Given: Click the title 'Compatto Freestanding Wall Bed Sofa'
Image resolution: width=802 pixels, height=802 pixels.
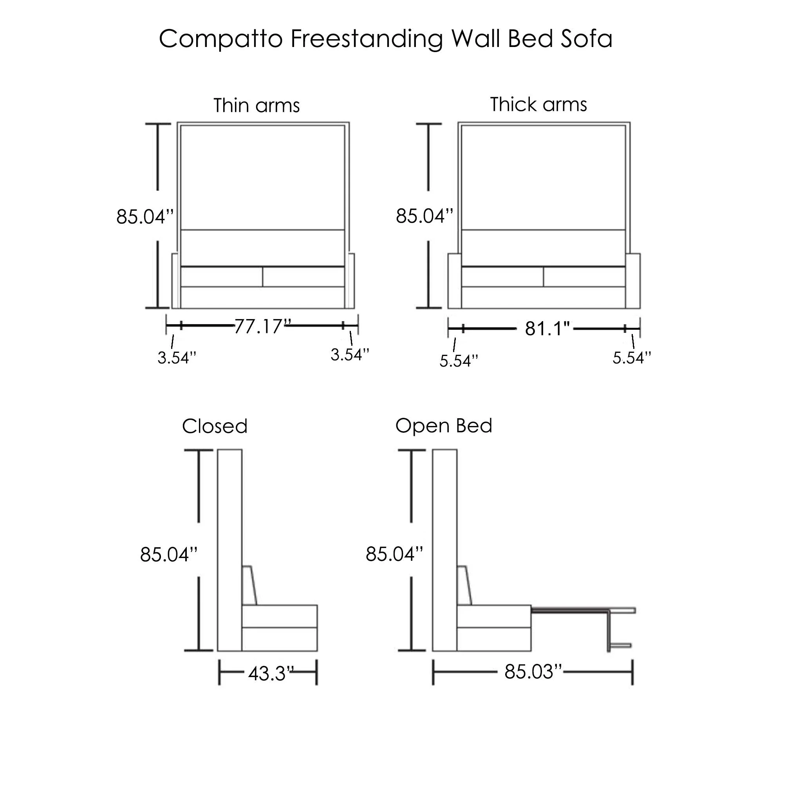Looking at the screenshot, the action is tap(385, 39).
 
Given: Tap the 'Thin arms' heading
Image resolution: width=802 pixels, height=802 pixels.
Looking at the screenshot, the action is tap(256, 105).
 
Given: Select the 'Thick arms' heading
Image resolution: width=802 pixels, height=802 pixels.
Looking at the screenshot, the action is tap(538, 105).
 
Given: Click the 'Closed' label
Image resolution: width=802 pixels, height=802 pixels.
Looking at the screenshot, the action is tap(215, 426).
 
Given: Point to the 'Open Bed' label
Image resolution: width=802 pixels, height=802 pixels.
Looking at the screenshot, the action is tap(443, 426).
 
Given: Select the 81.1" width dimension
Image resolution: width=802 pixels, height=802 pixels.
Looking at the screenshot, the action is tap(547, 329).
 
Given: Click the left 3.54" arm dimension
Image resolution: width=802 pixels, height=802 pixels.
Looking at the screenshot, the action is tap(176, 358).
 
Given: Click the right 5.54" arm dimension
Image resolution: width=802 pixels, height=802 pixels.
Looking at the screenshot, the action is tap(631, 358).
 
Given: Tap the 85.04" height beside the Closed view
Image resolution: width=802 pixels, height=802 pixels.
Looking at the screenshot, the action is tap(168, 555).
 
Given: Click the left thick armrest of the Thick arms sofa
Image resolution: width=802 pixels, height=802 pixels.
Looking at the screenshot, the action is tap(455, 281).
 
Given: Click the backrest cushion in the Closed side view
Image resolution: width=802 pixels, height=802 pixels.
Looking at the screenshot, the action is tap(250, 586).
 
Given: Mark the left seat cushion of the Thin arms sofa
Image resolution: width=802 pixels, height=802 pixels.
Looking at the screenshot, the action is tap(222, 277).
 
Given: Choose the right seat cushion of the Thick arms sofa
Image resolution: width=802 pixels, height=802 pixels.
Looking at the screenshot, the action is tap(584, 277).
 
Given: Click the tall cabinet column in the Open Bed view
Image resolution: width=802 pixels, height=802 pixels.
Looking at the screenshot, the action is tap(444, 550).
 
